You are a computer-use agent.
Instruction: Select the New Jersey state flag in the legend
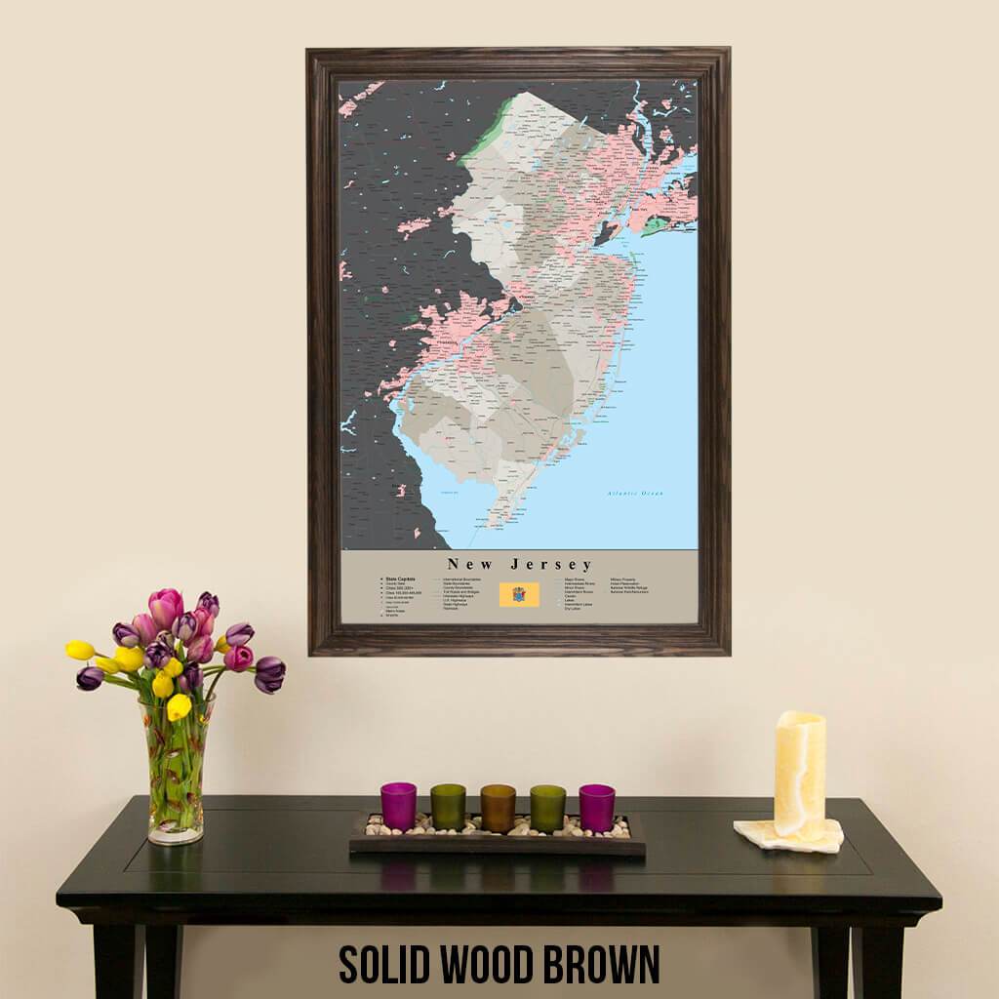[519, 594]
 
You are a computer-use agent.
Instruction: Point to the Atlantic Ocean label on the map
[634, 494]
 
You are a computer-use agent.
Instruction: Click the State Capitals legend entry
[401, 579]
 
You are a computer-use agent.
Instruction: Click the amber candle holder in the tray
[498, 808]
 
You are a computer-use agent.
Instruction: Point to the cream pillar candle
[799, 773]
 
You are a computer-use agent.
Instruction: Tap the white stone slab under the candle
[788, 836]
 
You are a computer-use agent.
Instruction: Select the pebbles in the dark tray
[498, 830]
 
